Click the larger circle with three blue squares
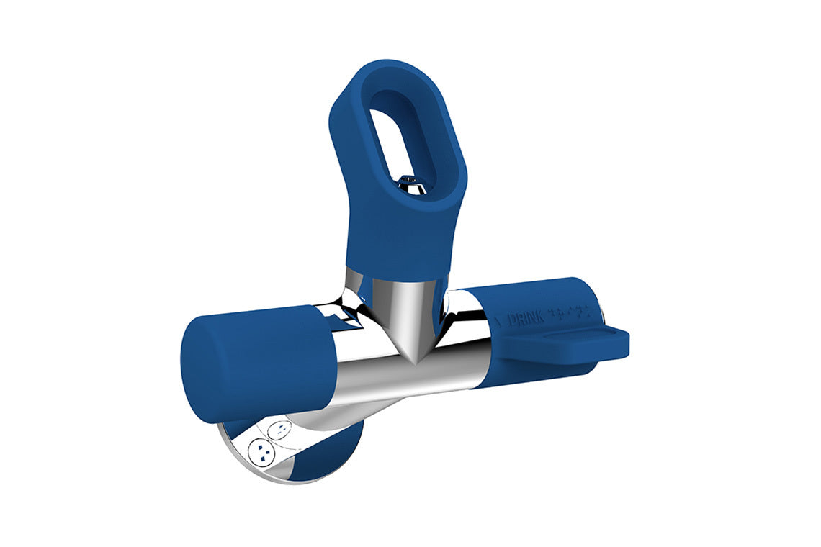click(260, 452)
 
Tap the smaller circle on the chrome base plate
click(279, 431)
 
